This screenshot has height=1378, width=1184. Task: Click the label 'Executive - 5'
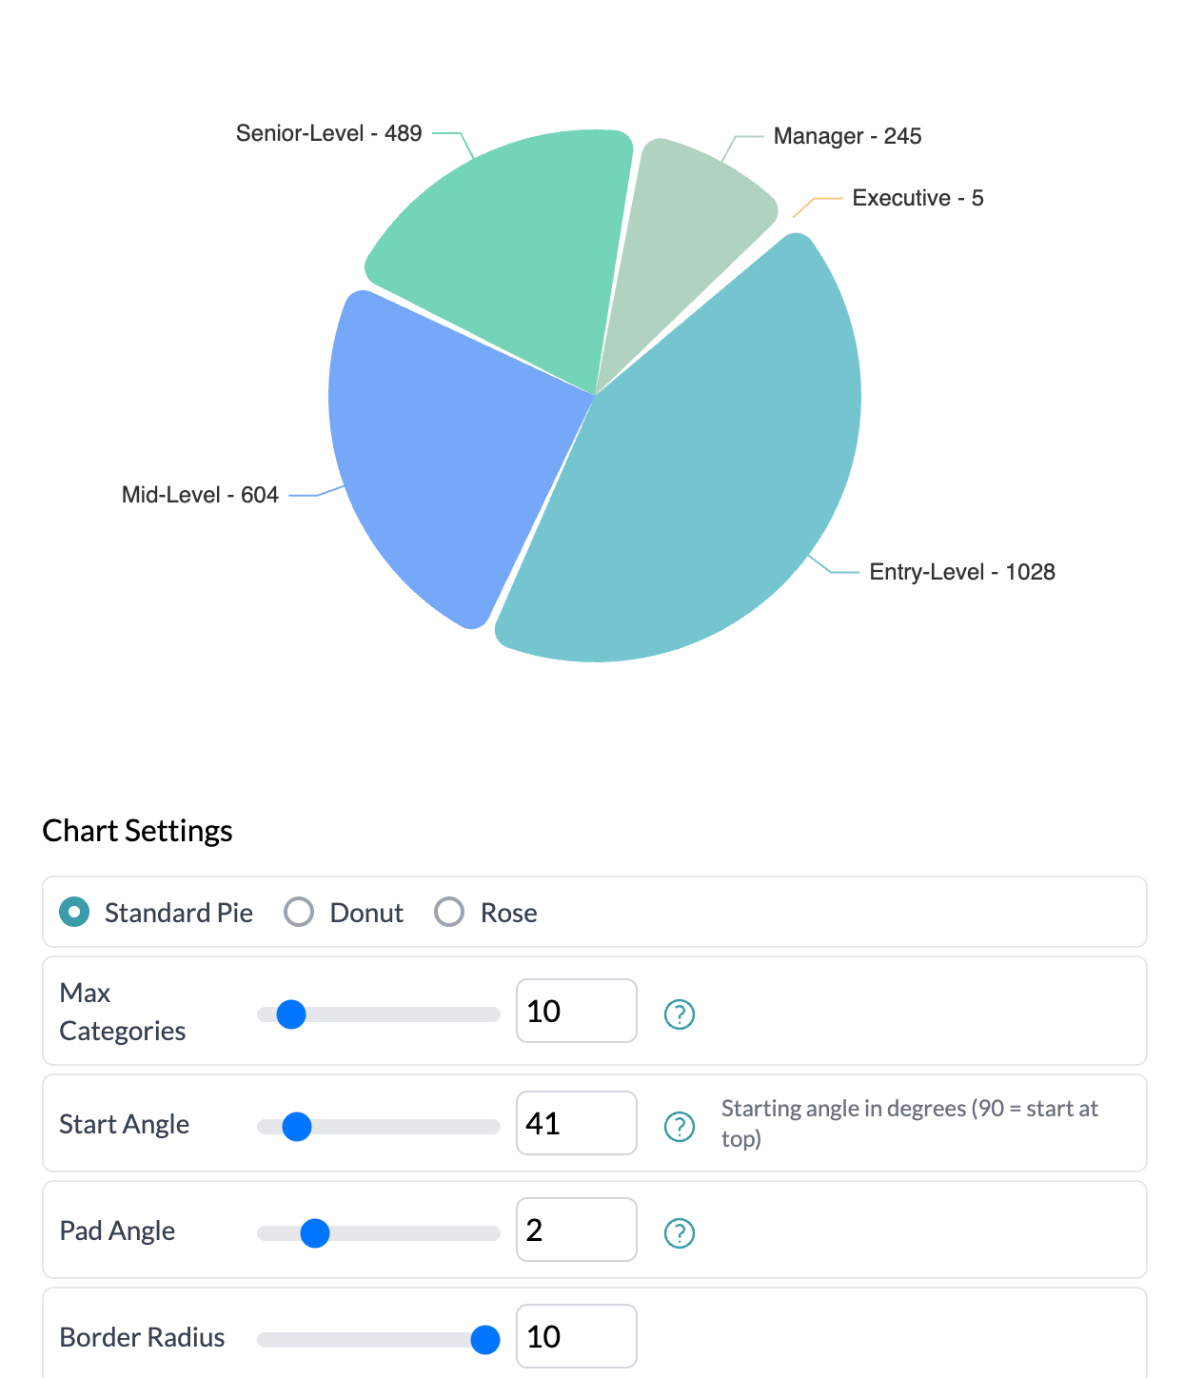point(918,198)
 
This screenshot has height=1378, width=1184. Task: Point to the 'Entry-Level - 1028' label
point(961,572)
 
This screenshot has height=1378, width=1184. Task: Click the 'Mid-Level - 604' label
point(200,495)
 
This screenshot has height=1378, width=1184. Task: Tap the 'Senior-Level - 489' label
point(328,133)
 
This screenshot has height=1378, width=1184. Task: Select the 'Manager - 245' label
point(847,136)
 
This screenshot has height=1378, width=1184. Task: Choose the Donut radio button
point(299,912)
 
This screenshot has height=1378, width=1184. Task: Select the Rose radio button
point(449,912)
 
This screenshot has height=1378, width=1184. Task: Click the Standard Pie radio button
point(74,912)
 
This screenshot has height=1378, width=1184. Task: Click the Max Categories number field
point(576,1011)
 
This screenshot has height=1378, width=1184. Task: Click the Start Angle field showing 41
point(576,1123)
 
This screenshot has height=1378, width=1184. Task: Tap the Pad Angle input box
point(576,1230)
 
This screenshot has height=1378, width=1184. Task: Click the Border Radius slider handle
point(485,1339)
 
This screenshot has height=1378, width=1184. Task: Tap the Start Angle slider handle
point(297,1127)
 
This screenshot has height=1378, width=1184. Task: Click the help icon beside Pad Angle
point(679,1233)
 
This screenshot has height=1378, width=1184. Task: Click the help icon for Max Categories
point(679,1014)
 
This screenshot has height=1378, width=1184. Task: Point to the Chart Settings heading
point(137,831)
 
